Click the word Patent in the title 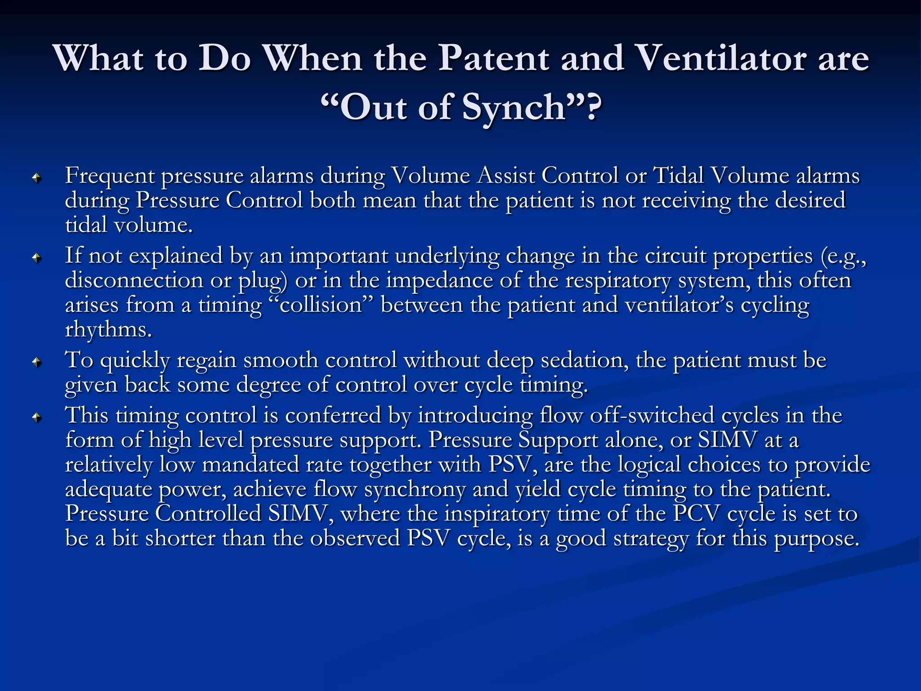pos(493,58)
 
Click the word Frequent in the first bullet pos(110,176)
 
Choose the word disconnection pos(134,281)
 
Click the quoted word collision pos(321,305)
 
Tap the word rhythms pos(108,330)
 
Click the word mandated pos(250,465)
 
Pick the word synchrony pos(415,489)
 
